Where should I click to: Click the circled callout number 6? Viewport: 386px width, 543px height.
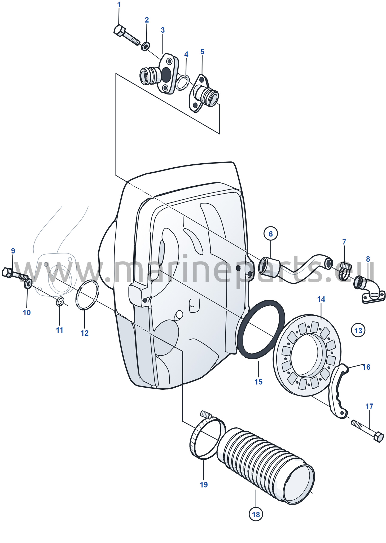tap(270, 234)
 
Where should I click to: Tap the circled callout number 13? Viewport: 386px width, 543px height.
tap(358, 330)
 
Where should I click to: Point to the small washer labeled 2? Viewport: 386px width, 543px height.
tap(145, 46)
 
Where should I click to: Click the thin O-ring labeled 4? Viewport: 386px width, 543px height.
tap(183, 82)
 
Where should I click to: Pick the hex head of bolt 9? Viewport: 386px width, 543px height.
tap(7, 273)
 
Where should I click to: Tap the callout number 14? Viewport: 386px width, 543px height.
tap(321, 299)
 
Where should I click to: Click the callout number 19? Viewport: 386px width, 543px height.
tap(204, 485)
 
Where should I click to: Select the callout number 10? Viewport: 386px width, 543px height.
tap(27, 313)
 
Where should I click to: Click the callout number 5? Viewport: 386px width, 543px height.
tap(202, 51)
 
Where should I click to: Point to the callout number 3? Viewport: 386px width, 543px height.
tap(163, 30)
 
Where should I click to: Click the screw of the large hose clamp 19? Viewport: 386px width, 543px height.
tap(206, 414)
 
